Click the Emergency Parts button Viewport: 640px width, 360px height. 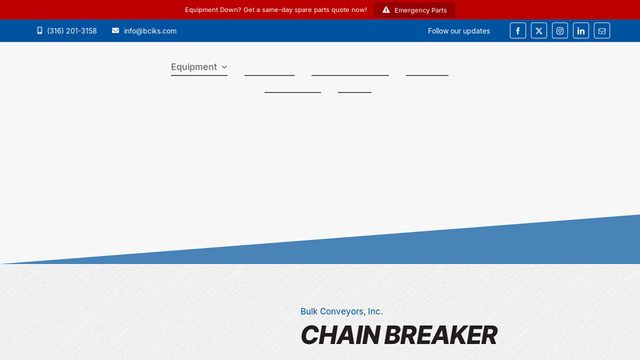coord(414,10)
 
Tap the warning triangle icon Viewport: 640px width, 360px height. coord(386,10)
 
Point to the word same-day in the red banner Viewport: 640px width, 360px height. coord(280,10)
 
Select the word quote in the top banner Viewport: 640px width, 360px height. coord(336,10)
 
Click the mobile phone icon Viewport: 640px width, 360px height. coord(40,31)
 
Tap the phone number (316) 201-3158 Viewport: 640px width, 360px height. coord(72,31)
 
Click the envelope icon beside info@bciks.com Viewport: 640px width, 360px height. coord(115,31)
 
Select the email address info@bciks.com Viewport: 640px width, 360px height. coord(150,31)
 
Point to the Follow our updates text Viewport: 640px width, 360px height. coord(459,31)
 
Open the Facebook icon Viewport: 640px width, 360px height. coord(518,31)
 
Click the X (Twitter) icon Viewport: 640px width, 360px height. coord(539,31)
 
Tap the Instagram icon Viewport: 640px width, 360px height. coord(560,31)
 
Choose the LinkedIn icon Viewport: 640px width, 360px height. coord(581,31)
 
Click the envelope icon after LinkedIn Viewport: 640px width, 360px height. coord(602,31)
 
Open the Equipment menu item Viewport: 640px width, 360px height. coord(194,67)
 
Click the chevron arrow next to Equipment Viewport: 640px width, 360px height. coord(224,67)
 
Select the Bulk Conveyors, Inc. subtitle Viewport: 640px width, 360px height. coord(342,311)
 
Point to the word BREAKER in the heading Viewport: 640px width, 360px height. coord(440,335)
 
